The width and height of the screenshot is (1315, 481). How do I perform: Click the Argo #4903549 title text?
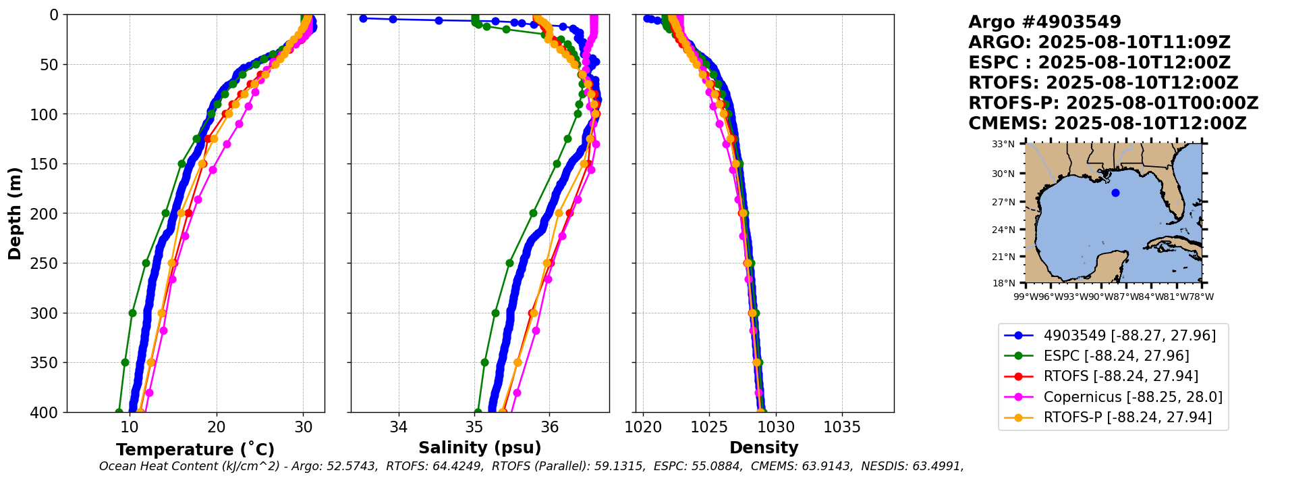[1044, 22]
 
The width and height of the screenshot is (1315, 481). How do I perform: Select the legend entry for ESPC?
[1116, 356]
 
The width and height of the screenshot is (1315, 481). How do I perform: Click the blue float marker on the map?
[1115, 193]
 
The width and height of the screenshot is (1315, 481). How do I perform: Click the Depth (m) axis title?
[15, 213]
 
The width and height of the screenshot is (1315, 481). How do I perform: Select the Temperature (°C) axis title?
[195, 449]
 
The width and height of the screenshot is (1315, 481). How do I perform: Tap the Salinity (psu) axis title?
[480, 448]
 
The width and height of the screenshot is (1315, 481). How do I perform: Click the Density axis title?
[764, 448]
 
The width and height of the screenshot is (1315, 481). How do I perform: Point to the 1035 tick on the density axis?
[842, 428]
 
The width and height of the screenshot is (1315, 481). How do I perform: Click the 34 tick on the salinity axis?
[399, 428]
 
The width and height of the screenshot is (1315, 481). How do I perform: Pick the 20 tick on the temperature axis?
[216, 428]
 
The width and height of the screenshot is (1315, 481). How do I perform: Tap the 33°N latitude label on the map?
[1003, 144]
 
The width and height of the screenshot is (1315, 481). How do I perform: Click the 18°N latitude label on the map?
[1003, 283]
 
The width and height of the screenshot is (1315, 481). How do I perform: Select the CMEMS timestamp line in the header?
[1107, 124]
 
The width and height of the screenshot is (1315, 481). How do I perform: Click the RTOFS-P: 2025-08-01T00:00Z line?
[1113, 103]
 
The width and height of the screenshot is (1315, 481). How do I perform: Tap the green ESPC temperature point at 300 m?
[132, 313]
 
